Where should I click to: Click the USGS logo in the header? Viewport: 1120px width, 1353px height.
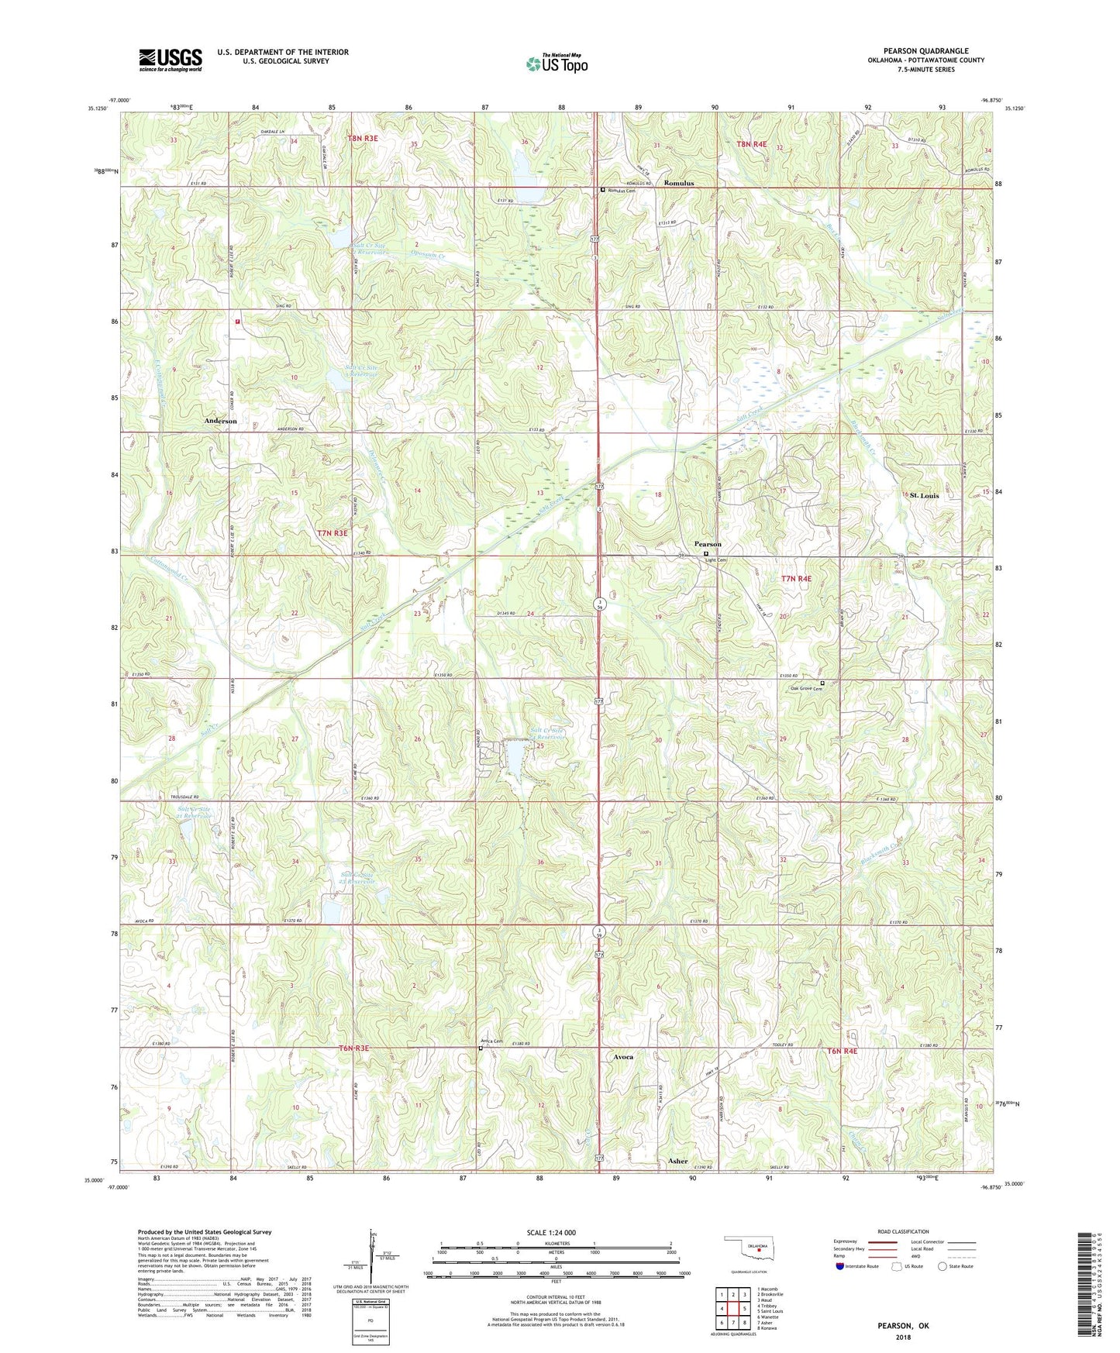pyautogui.click(x=171, y=60)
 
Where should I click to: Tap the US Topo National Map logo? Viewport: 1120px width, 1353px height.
pyautogui.click(x=557, y=63)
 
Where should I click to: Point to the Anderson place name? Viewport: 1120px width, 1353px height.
pyautogui.click(x=220, y=421)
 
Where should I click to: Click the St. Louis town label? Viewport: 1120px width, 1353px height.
pyautogui.click(x=924, y=495)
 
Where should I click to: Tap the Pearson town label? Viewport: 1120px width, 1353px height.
pyautogui.click(x=708, y=544)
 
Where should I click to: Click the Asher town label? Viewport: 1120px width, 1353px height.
pyautogui.click(x=677, y=1161)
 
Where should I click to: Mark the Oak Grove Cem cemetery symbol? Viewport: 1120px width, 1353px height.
pyautogui.click(x=822, y=683)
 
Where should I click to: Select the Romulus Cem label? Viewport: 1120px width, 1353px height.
pyautogui.click(x=622, y=191)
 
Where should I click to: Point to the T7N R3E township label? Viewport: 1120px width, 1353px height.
pyautogui.click(x=333, y=533)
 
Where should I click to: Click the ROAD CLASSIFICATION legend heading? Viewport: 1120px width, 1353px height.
pyautogui.click(x=902, y=1231)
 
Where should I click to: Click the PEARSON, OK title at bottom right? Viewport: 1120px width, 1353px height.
pyautogui.click(x=902, y=1326)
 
